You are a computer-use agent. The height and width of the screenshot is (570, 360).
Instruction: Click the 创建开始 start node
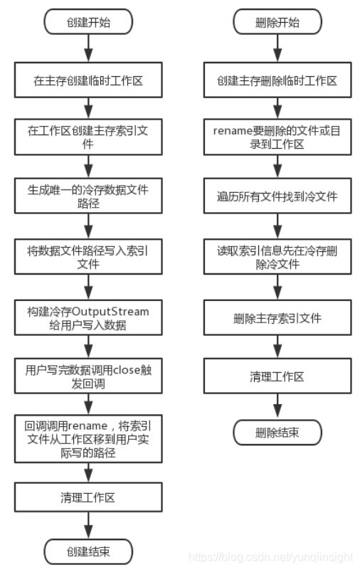(x=88, y=23)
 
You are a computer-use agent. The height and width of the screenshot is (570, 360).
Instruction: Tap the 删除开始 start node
(x=277, y=23)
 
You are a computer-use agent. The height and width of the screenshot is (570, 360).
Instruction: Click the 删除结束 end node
(x=277, y=431)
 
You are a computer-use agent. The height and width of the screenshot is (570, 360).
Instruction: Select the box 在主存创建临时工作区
(x=88, y=80)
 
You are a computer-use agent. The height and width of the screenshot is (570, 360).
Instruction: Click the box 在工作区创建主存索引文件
(x=88, y=138)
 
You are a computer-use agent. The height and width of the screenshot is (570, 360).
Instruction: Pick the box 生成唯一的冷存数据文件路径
(x=88, y=196)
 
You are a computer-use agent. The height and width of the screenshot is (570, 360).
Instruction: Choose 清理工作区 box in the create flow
(x=88, y=498)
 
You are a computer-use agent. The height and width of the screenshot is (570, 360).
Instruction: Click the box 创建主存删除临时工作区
(x=277, y=80)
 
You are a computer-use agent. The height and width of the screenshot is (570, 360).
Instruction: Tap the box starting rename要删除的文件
(x=277, y=138)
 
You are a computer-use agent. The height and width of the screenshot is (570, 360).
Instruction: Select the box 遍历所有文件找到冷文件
(x=277, y=196)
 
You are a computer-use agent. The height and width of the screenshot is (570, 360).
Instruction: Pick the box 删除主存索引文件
(x=277, y=316)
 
